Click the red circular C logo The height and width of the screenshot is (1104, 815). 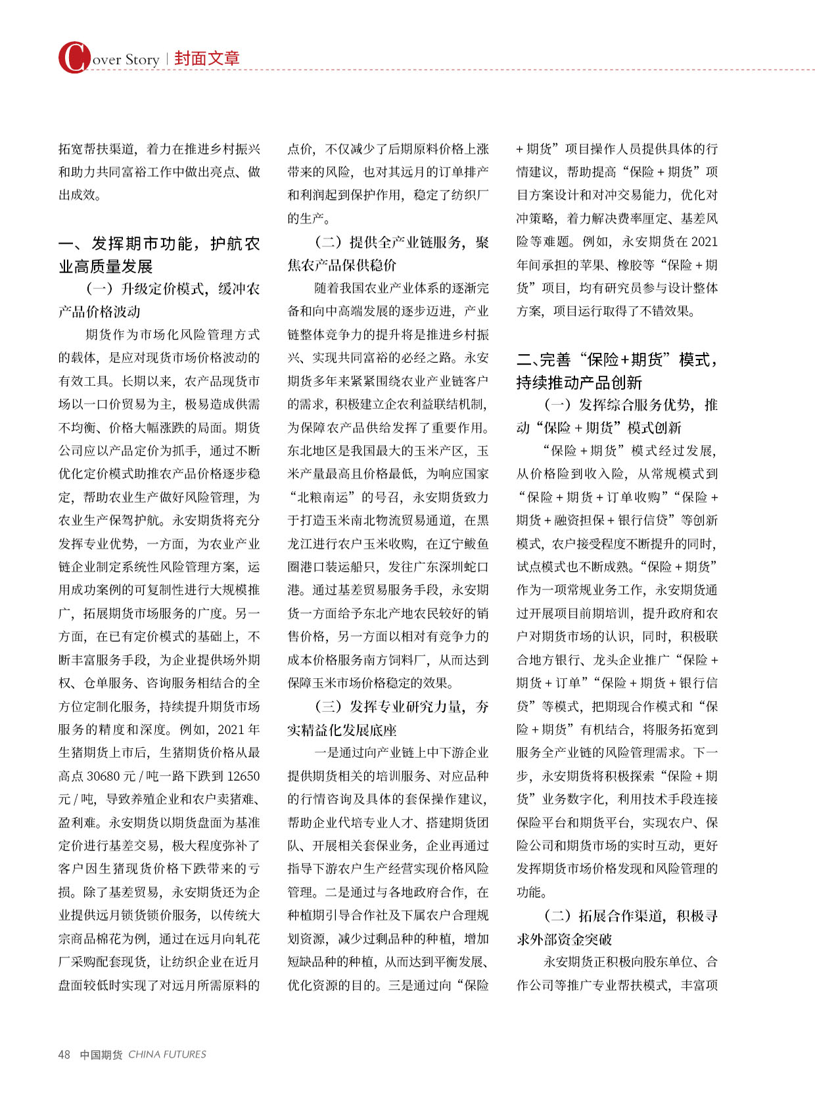coord(74,58)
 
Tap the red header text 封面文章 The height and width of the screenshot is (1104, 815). coord(207,58)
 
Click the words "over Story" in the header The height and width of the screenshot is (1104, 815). coord(126,60)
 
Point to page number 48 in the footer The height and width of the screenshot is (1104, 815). coord(64,1055)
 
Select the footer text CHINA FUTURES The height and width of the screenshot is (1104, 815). coord(167,1055)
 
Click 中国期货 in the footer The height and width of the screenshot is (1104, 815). coord(101,1055)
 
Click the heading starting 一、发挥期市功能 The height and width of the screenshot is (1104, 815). coord(159,255)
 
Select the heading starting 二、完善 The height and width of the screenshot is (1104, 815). coord(617,371)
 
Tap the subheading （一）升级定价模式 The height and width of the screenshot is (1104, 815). coord(159,300)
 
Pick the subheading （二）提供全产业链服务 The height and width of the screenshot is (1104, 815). coord(388,254)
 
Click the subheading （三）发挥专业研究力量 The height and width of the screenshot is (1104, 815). coord(388,718)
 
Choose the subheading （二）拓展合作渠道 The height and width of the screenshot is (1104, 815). coord(617,927)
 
